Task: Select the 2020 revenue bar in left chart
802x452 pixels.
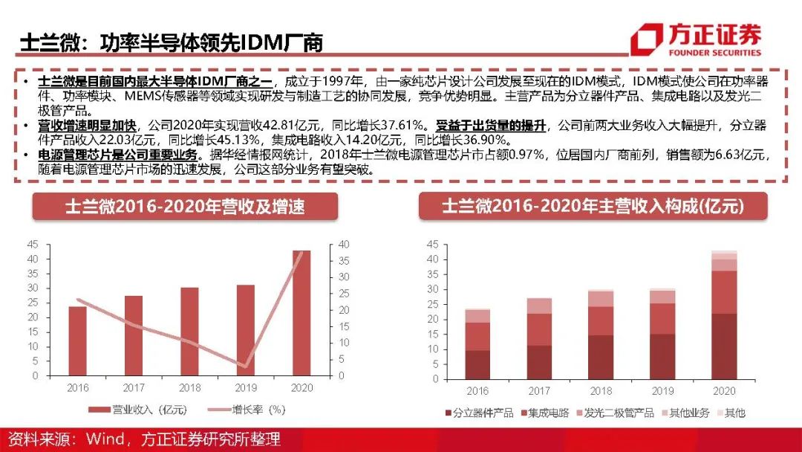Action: (301, 312)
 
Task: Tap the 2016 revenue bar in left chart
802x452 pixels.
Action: (77, 341)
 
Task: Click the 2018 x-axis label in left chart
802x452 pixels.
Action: (189, 388)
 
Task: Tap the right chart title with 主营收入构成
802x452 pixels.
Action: (593, 206)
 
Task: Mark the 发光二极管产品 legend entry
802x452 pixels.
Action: (618, 413)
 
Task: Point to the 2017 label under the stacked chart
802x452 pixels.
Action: (540, 391)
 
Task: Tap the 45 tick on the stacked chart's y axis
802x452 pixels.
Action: (432, 244)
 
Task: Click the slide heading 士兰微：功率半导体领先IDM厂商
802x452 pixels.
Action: (171, 42)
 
